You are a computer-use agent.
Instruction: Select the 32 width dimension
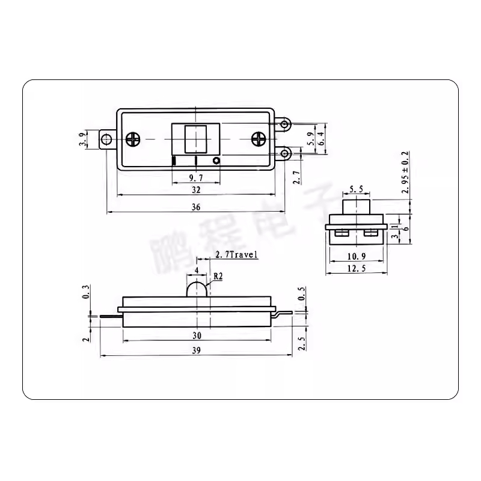pyautogui.click(x=195, y=189)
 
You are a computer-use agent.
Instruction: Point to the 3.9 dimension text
pyautogui.click(x=82, y=139)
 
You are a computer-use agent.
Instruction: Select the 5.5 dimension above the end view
pyautogui.click(x=356, y=189)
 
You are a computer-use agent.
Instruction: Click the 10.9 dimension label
pyautogui.click(x=356, y=257)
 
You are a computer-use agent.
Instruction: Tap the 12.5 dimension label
pyautogui.click(x=356, y=269)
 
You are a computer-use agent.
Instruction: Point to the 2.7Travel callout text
pyautogui.click(x=236, y=255)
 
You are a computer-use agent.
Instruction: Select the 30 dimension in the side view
pyautogui.click(x=196, y=335)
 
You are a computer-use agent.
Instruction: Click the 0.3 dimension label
pyautogui.click(x=85, y=293)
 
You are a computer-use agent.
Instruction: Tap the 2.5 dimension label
pyautogui.click(x=301, y=343)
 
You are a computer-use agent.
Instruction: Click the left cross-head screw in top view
pyautogui.click(x=132, y=139)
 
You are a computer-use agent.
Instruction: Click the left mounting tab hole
pyautogui.click(x=107, y=139)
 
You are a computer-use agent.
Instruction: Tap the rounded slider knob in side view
pyautogui.click(x=197, y=289)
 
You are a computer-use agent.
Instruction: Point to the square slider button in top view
pyautogui.click(x=196, y=139)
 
